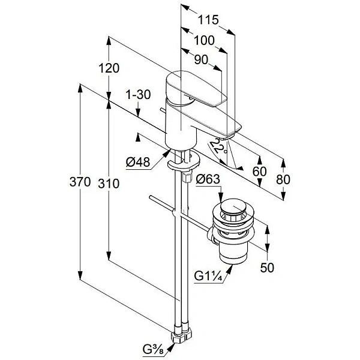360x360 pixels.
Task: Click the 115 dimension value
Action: [x=208, y=20]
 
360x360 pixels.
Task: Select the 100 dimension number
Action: [x=204, y=40]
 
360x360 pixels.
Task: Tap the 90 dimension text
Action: [x=201, y=59]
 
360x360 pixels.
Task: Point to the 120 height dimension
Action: [x=109, y=68]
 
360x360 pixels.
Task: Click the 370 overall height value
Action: [x=80, y=182]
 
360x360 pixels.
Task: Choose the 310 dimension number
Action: [x=109, y=184]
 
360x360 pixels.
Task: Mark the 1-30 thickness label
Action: [x=139, y=95]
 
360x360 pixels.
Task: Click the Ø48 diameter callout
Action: [x=138, y=163]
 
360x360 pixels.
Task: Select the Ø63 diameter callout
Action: [x=208, y=179]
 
